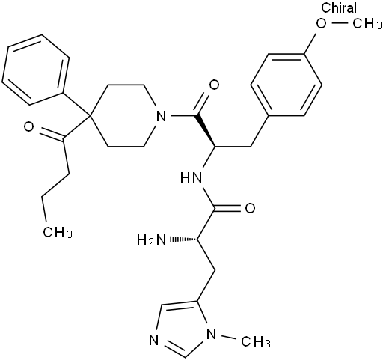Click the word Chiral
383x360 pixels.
click(339, 7)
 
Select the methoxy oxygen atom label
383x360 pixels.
click(321, 24)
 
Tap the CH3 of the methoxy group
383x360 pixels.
click(367, 24)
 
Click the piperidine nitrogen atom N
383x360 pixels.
click(162, 116)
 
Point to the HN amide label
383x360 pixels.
click(191, 177)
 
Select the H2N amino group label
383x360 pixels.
click(151, 240)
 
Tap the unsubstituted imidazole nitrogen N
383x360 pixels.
click(154, 341)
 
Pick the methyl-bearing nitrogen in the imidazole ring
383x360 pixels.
click(212, 334)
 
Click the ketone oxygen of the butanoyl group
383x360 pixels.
click(28, 126)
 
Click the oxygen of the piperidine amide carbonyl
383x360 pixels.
click(214, 85)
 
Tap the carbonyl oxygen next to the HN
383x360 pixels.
click(250, 208)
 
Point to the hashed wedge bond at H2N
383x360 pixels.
click(183, 240)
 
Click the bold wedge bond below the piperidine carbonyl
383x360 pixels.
click(206, 131)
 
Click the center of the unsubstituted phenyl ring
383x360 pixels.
click(36, 70)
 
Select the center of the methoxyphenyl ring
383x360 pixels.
click(287, 85)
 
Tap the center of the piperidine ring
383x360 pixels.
click(126, 116)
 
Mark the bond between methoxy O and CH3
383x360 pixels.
click(340, 23)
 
